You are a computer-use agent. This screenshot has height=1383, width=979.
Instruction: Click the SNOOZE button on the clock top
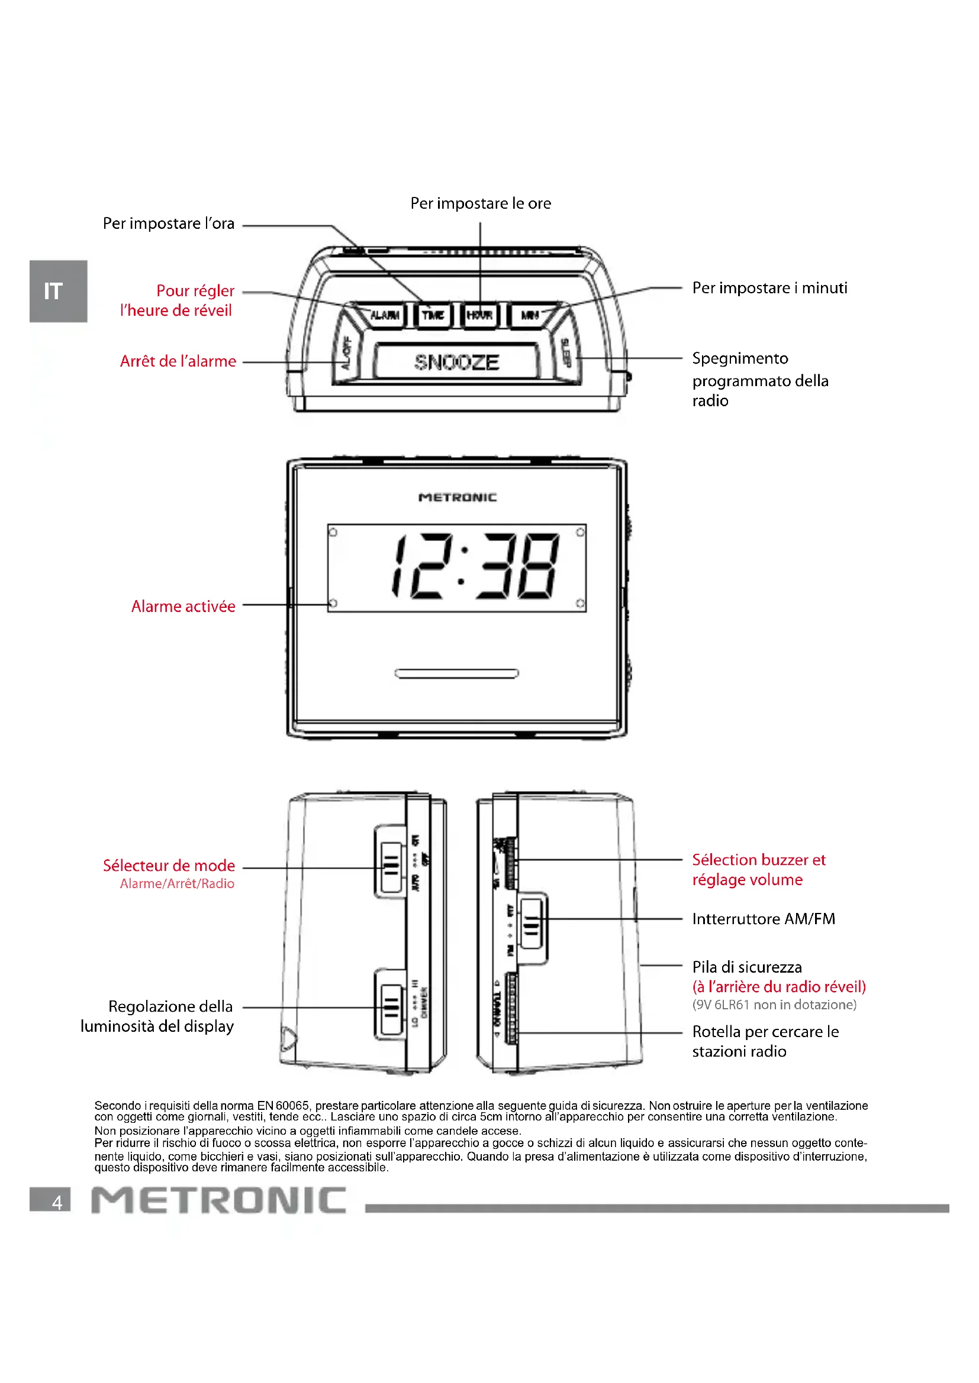456,361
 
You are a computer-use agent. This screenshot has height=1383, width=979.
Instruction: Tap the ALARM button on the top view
385,315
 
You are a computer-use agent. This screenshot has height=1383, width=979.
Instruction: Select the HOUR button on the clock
480,315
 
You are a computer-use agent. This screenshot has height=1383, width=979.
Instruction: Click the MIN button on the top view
529,315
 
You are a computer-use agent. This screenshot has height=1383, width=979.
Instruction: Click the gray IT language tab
57,291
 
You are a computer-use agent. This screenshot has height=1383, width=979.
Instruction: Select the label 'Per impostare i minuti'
769,288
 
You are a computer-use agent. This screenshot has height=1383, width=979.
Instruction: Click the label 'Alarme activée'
183,606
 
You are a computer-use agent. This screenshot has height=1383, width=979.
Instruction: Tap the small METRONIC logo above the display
458,497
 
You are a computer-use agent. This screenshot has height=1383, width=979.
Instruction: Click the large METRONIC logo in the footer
219,1200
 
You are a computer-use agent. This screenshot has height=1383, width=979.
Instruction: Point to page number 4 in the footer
57,1202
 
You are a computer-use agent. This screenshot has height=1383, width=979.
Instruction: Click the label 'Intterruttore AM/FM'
763,919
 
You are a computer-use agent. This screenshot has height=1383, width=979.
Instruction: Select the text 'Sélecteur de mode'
169,866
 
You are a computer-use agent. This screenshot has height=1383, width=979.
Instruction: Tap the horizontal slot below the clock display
456,673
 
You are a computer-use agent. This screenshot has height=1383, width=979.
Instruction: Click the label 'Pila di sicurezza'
747,967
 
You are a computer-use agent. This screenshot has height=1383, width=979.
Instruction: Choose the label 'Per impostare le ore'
481,203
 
